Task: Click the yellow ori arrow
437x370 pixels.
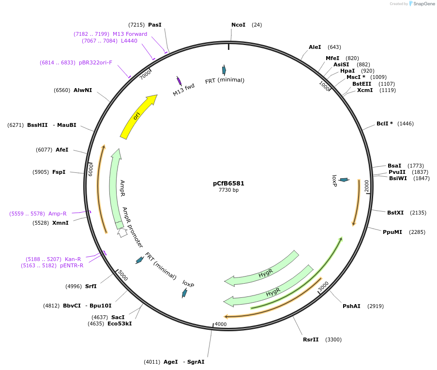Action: pos(137,116)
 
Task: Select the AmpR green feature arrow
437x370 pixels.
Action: pos(115,189)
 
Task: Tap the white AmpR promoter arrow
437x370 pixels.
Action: pos(122,232)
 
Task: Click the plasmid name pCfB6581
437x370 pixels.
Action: pos(228,184)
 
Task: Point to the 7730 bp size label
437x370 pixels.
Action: pos(228,190)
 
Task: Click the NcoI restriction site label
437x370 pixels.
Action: pos(239,25)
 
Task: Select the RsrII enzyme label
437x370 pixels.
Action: pos(311,339)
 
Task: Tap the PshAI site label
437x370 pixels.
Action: pos(351,306)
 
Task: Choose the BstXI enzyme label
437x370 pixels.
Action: pos(395,213)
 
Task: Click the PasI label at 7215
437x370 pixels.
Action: pos(155,25)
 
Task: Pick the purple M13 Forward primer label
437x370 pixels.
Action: pos(130,34)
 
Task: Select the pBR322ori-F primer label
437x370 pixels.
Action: pos(95,62)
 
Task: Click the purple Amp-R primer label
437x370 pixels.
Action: pos(58,214)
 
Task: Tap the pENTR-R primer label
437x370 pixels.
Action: pos(72,265)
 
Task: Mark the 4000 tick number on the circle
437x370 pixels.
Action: pos(221,324)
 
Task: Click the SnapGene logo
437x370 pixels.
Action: pos(422,4)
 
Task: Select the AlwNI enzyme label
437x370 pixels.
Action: pos(83,90)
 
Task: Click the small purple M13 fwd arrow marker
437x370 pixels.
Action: pos(179,80)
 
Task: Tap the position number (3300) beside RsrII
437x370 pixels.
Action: pos(333,339)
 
